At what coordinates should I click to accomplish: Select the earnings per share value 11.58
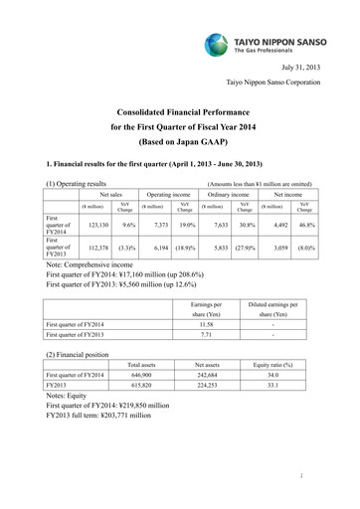(207, 324)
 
